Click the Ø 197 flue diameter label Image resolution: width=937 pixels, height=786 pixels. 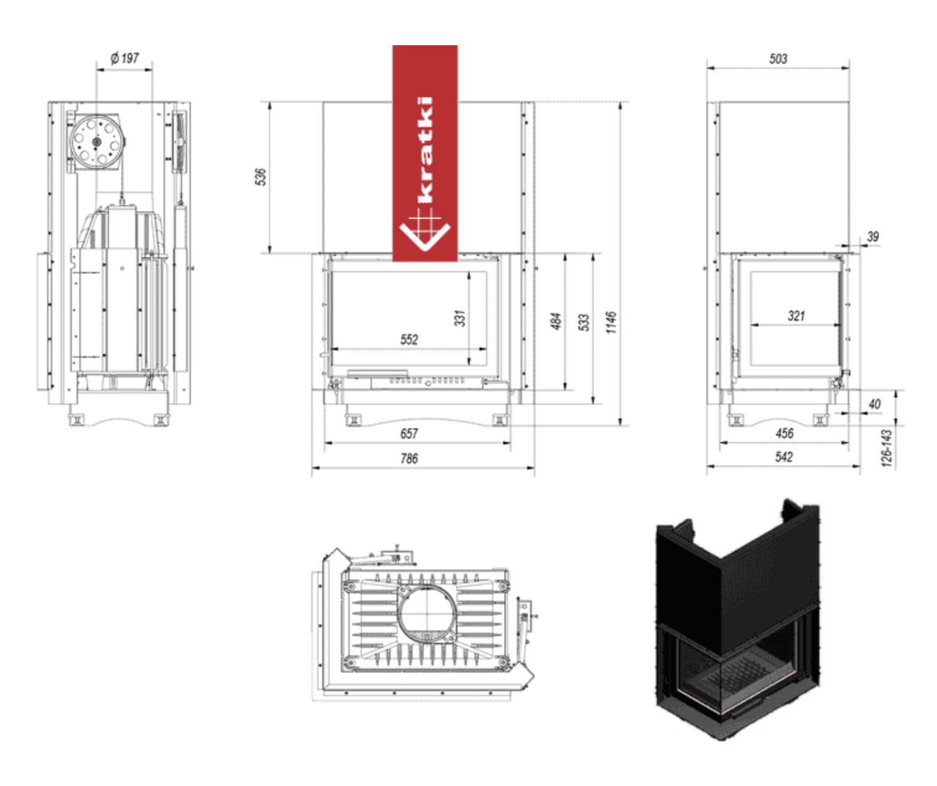(125, 58)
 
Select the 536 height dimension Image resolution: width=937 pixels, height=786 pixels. (261, 177)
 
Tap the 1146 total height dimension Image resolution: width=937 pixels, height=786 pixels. (611, 322)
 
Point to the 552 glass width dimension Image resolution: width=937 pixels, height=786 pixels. (409, 339)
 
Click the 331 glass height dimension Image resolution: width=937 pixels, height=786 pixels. (459, 318)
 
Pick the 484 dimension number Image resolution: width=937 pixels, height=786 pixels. (556, 321)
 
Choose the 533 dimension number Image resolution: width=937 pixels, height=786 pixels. (584, 322)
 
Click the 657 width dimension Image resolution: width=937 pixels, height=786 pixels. (409, 433)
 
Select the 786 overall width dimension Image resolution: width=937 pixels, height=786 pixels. (409, 458)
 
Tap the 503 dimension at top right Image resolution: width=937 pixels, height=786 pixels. (778, 59)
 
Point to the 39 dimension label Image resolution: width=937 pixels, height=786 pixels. (873, 236)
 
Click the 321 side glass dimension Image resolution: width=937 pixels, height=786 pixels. (796, 316)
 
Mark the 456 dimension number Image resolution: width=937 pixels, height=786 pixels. (784, 433)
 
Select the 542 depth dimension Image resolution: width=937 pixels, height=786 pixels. (784, 457)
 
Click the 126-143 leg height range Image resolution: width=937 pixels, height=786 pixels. (887, 448)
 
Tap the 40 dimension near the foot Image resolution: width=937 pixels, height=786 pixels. (874, 404)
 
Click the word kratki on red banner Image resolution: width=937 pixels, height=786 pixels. (425, 149)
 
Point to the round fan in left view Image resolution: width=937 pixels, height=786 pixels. (96, 142)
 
